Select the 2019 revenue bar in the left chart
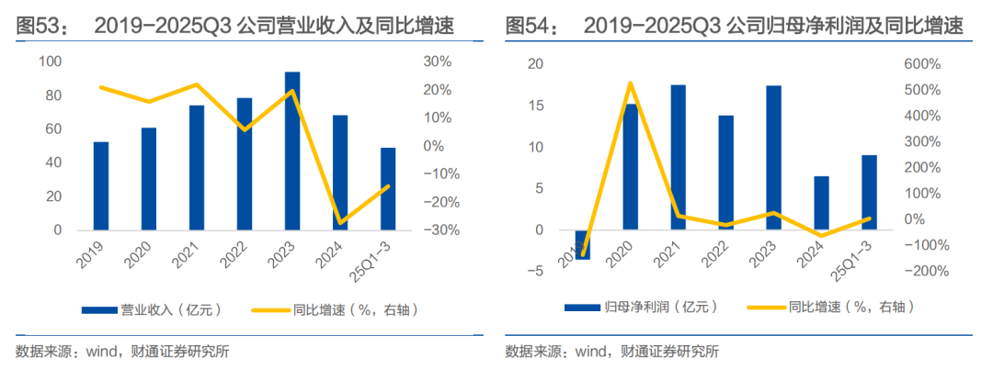point(101,185)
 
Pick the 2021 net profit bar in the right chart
point(678,157)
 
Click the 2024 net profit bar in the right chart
point(821,203)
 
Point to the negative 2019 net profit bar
point(582,244)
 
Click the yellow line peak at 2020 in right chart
point(630,84)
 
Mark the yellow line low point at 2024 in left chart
point(340,223)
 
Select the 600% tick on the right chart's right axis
point(921,64)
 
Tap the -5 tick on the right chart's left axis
point(535,271)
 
